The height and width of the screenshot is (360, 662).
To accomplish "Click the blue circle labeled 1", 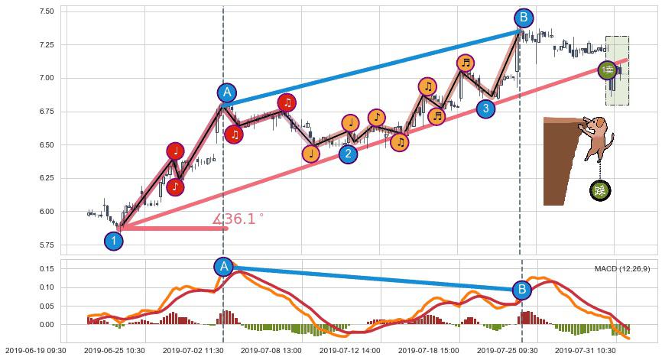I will (114, 241).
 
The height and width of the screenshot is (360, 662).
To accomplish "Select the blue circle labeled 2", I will (348, 154).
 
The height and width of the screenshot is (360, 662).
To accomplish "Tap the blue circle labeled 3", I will (485, 109).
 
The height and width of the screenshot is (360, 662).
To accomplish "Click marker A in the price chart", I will (226, 92).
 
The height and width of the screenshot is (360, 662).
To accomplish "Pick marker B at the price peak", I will (523, 18).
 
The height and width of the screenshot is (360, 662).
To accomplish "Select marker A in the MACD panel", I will (223, 266).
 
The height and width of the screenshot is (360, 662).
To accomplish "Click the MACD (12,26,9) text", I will (621, 269).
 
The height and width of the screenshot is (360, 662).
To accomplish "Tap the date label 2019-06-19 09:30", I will (34, 351).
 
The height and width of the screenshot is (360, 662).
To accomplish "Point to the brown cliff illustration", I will (560, 161).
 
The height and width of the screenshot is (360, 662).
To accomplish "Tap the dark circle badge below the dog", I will (601, 190).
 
